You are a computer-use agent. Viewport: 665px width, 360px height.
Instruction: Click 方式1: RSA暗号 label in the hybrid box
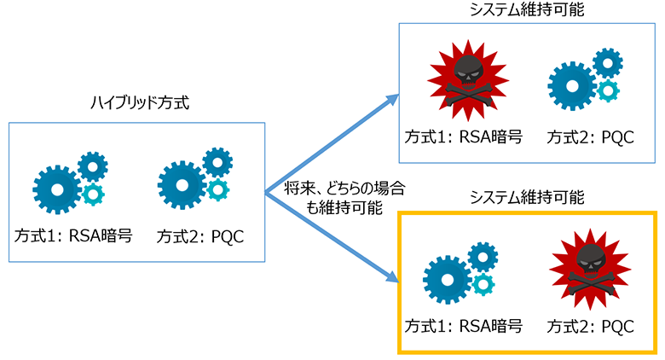[x=73, y=235]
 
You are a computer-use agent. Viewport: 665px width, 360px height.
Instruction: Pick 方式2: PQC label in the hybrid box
[x=201, y=235]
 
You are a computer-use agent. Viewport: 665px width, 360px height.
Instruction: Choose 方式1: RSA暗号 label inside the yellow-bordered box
[x=463, y=325]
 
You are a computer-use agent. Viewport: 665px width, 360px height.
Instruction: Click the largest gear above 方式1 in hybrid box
[x=58, y=189]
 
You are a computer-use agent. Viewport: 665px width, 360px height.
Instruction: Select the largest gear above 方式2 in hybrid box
[x=182, y=184]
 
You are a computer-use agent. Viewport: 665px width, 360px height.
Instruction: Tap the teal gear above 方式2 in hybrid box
[x=218, y=189]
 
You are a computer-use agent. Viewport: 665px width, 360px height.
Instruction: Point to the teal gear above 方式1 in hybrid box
[x=92, y=195]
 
